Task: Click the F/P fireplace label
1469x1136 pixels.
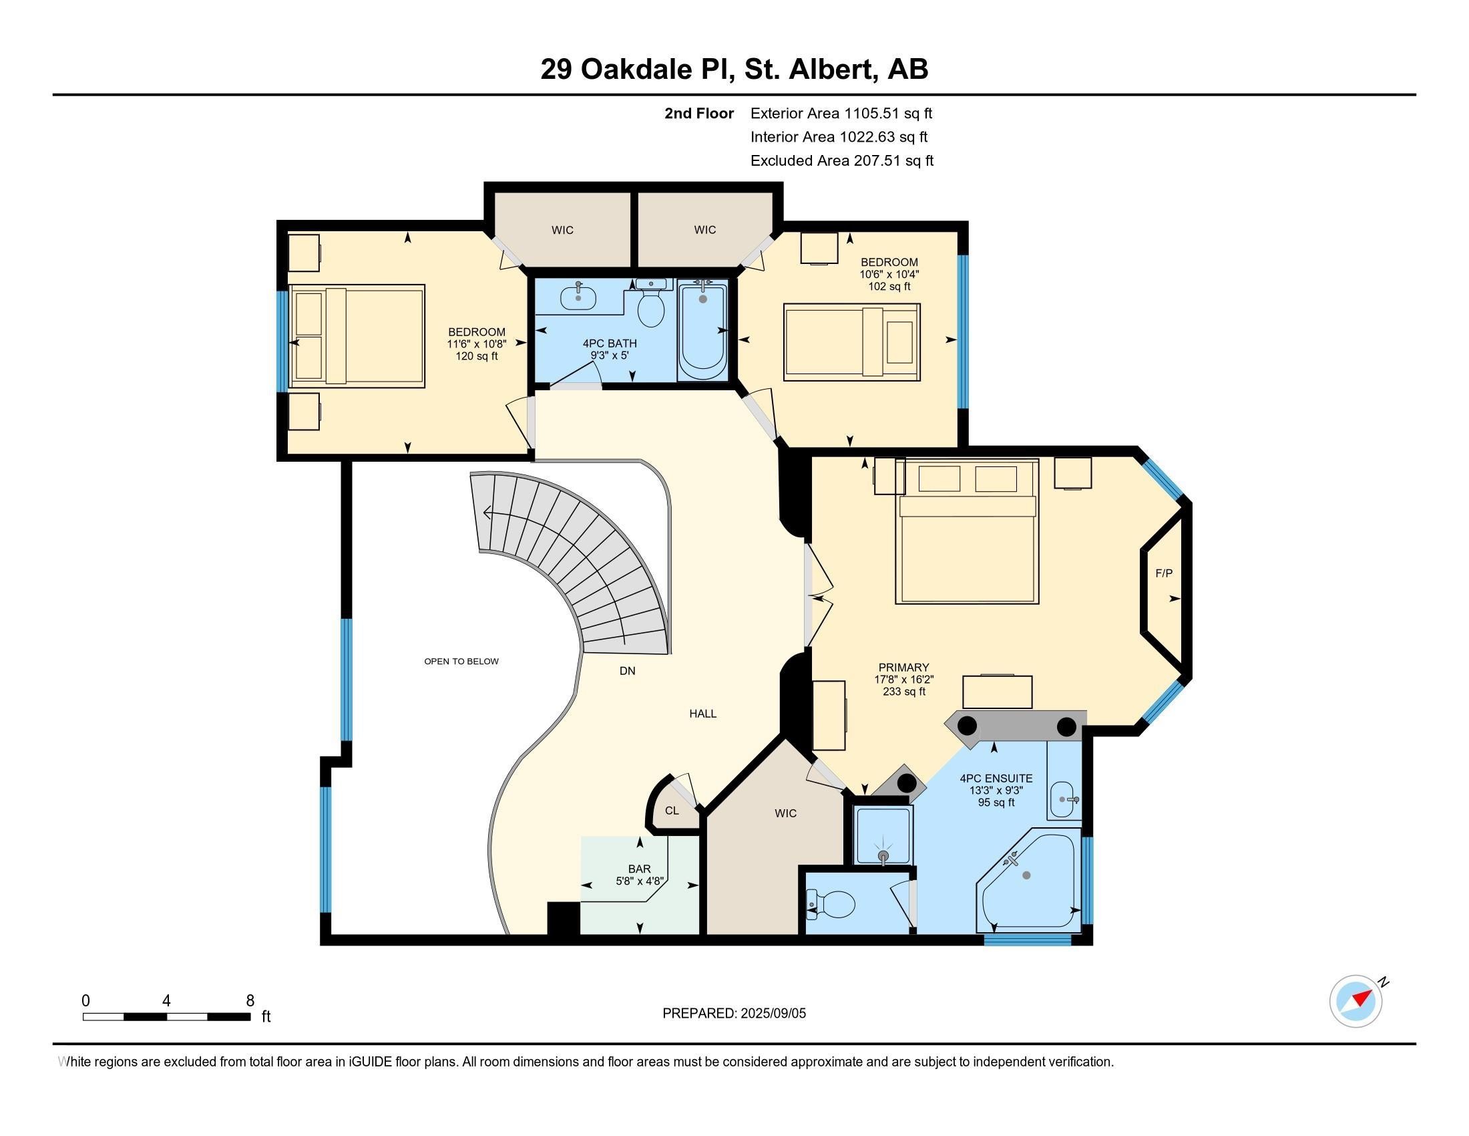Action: tap(1164, 573)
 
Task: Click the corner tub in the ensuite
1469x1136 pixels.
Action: tap(1028, 882)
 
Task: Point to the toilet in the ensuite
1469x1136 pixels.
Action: tap(830, 904)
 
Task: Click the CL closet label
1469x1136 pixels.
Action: tap(672, 811)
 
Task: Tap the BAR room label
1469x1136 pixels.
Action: tap(639, 869)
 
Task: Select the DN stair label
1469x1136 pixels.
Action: tap(627, 670)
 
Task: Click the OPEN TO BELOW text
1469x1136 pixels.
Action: tap(461, 661)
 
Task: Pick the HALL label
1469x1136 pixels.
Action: tap(703, 714)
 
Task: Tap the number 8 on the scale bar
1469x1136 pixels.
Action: tap(250, 1000)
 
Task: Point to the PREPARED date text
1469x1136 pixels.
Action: tap(734, 1013)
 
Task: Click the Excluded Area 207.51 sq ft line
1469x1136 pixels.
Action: tap(842, 160)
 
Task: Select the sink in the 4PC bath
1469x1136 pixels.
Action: tap(578, 295)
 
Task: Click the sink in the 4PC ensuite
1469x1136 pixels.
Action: tap(1065, 799)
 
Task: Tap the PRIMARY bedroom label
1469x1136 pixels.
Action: tap(904, 668)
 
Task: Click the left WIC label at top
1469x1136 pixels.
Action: tap(562, 230)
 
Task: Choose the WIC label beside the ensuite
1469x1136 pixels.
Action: tap(785, 813)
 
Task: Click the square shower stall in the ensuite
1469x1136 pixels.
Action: tap(883, 835)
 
